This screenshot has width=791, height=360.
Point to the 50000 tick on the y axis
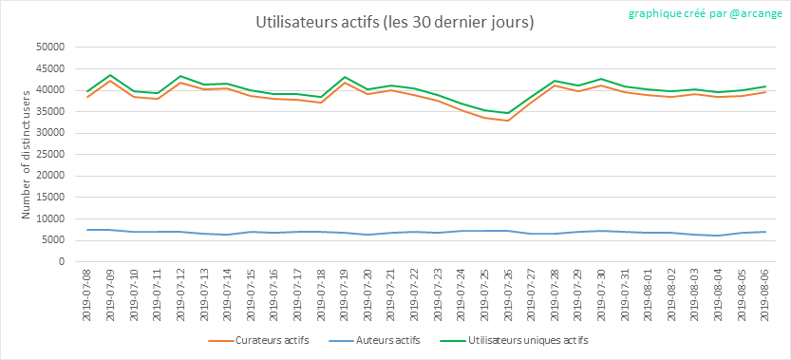point(52,47)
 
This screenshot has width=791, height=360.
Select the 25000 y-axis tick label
point(52,155)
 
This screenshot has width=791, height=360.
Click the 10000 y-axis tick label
point(52,219)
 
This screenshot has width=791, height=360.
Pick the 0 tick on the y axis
point(63,262)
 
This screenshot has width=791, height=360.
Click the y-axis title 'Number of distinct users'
point(27,154)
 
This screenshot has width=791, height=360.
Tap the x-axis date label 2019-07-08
point(87,294)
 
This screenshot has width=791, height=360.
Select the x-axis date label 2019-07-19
point(344,294)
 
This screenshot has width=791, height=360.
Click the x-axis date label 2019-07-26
point(507,294)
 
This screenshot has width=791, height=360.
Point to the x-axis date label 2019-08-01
point(648,294)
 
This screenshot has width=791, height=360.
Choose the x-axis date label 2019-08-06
point(764,294)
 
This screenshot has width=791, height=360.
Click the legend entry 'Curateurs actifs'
point(259,341)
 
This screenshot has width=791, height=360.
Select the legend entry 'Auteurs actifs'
point(374,341)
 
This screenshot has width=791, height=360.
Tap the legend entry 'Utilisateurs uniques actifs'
point(514,341)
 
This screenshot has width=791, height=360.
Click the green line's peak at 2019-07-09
point(110,75)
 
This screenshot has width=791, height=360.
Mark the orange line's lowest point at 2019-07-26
point(507,121)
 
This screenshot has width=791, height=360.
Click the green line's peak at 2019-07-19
point(344,77)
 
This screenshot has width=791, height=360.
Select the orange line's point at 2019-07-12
point(180,83)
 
